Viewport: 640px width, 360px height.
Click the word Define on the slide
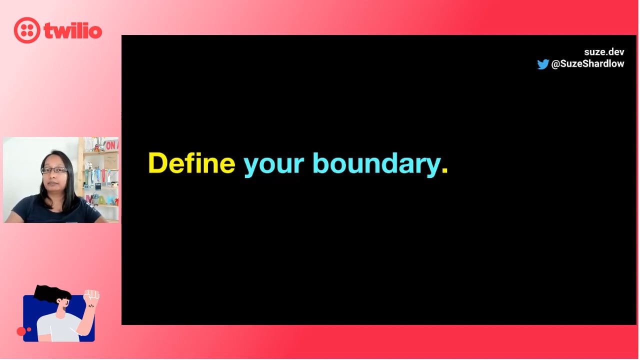tap(191, 163)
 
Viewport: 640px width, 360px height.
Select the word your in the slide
tap(273, 166)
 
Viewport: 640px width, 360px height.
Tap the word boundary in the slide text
tap(376, 165)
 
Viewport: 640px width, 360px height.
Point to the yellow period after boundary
tap(444, 170)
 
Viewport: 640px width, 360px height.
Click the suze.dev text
tap(604, 52)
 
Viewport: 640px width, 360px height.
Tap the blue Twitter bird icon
tap(543, 64)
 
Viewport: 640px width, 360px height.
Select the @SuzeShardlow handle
tap(587, 63)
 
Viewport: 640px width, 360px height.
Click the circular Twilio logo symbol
tap(27, 30)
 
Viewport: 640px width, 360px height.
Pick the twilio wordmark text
tap(73, 30)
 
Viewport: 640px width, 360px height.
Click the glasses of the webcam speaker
tap(54, 170)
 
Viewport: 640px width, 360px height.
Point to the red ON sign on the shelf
tap(111, 145)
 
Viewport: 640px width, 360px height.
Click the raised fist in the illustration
tap(91, 294)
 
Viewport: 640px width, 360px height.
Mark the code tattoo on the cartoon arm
tap(91, 306)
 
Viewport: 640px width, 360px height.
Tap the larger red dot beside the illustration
tap(21, 331)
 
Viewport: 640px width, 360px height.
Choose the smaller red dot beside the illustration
tap(29, 329)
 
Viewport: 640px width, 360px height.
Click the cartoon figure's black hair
tap(52, 293)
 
